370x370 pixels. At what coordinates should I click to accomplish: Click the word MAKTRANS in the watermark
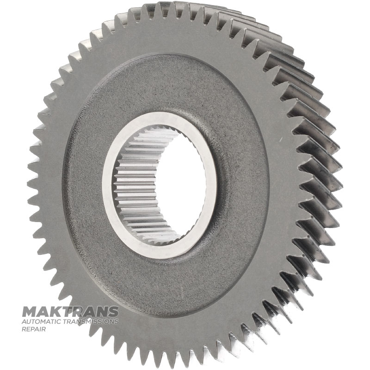pos(70,312)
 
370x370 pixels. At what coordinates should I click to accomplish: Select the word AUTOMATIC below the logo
pos(39,321)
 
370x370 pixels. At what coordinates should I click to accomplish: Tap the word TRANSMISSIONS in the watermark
pos(88,321)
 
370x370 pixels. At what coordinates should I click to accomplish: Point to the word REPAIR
pos(33,329)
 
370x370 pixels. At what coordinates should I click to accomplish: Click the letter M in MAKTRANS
pos(29,312)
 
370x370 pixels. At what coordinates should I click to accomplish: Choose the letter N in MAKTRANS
pos(101,312)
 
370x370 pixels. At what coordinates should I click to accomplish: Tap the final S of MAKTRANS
pos(113,312)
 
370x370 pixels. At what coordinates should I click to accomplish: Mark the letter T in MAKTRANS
pos(67,312)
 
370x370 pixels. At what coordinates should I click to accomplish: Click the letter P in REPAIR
pos(31,329)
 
